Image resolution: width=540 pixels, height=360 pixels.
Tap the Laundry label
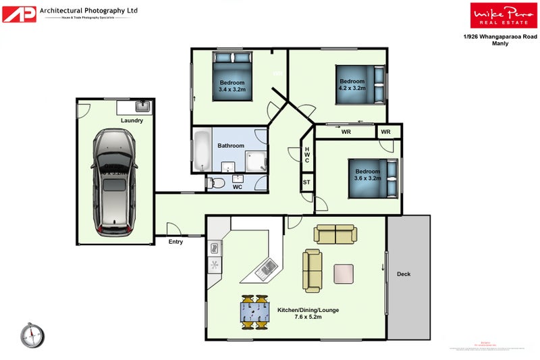point(132,121)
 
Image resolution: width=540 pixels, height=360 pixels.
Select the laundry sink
point(142,106)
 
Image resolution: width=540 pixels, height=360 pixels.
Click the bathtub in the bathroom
point(202,151)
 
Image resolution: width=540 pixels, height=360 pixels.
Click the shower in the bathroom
point(256,161)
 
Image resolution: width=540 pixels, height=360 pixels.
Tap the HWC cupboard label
point(306,156)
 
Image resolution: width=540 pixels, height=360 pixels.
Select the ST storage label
point(306,182)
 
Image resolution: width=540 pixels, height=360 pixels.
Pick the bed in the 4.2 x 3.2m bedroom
point(361,84)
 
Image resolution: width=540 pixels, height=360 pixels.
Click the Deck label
point(404,274)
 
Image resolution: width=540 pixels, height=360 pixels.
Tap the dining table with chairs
point(254,312)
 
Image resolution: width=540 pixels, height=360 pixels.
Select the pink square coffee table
point(344,274)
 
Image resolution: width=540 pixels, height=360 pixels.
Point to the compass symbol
point(32,335)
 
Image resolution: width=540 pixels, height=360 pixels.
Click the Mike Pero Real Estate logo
point(499,15)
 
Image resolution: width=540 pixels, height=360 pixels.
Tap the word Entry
point(175,242)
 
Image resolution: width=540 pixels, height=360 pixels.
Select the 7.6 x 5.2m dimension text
point(308,317)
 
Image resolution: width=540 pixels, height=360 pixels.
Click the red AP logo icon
point(20,14)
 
